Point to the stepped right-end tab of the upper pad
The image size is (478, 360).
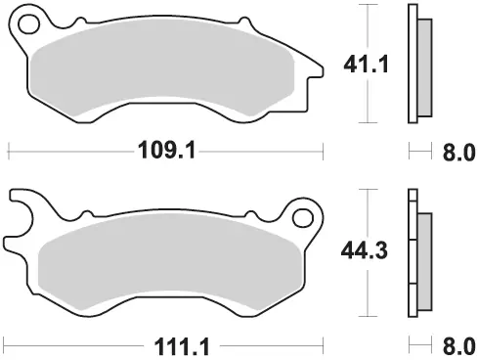point(315,70)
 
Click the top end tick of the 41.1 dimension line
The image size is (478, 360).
point(367,5)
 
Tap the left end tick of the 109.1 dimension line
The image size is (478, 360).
point(8,152)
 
